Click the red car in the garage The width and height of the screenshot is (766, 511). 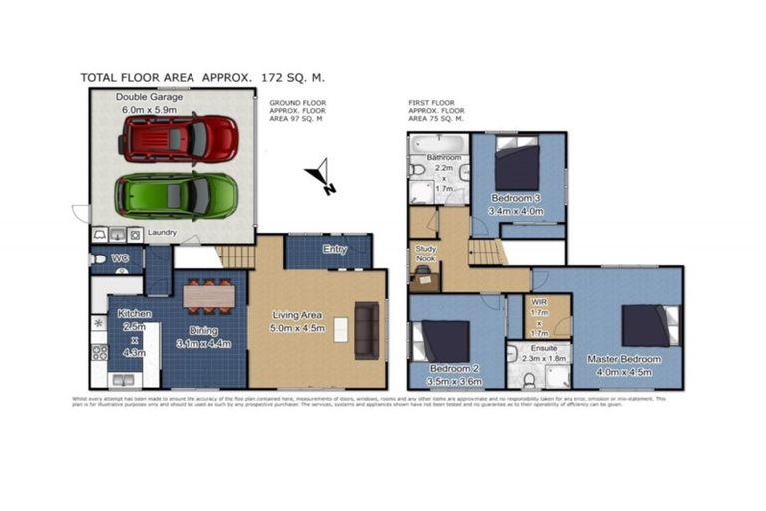tap(180, 138)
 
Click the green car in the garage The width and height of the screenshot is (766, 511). tap(176, 195)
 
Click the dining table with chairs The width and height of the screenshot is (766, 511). tap(209, 295)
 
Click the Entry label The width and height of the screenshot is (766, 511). tap(334, 250)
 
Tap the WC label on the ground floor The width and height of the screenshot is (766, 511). tap(121, 259)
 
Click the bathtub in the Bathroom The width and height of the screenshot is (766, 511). tap(438, 143)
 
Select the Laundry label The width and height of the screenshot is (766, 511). tap(161, 234)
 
